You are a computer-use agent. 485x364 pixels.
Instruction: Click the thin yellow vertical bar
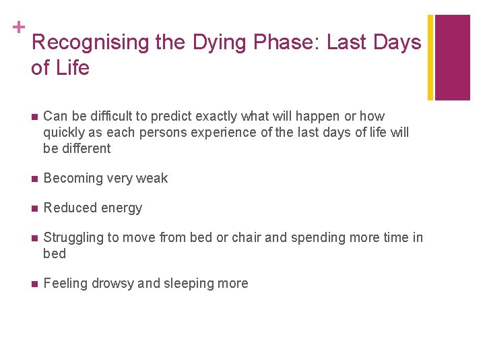point(430,57)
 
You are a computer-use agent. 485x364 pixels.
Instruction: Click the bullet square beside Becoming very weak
point(33,179)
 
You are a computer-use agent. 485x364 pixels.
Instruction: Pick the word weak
point(152,178)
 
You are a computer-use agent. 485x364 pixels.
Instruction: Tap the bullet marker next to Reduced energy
point(33,208)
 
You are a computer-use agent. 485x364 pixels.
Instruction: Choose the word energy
point(121,208)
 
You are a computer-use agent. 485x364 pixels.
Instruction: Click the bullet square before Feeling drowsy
point(33,284)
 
